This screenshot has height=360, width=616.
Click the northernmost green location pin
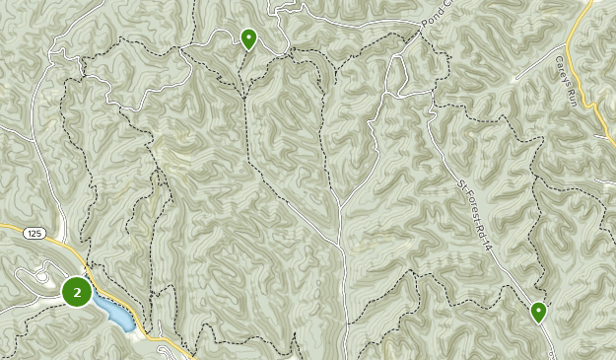[x=248, y=38]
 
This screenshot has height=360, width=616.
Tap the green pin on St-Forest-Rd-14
[x=538, y=313]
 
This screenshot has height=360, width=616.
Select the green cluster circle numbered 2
[x=77, y=292]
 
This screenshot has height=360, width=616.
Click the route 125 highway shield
[x=34, y=233]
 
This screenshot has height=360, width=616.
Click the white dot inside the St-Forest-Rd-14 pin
[x=538, y=310]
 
